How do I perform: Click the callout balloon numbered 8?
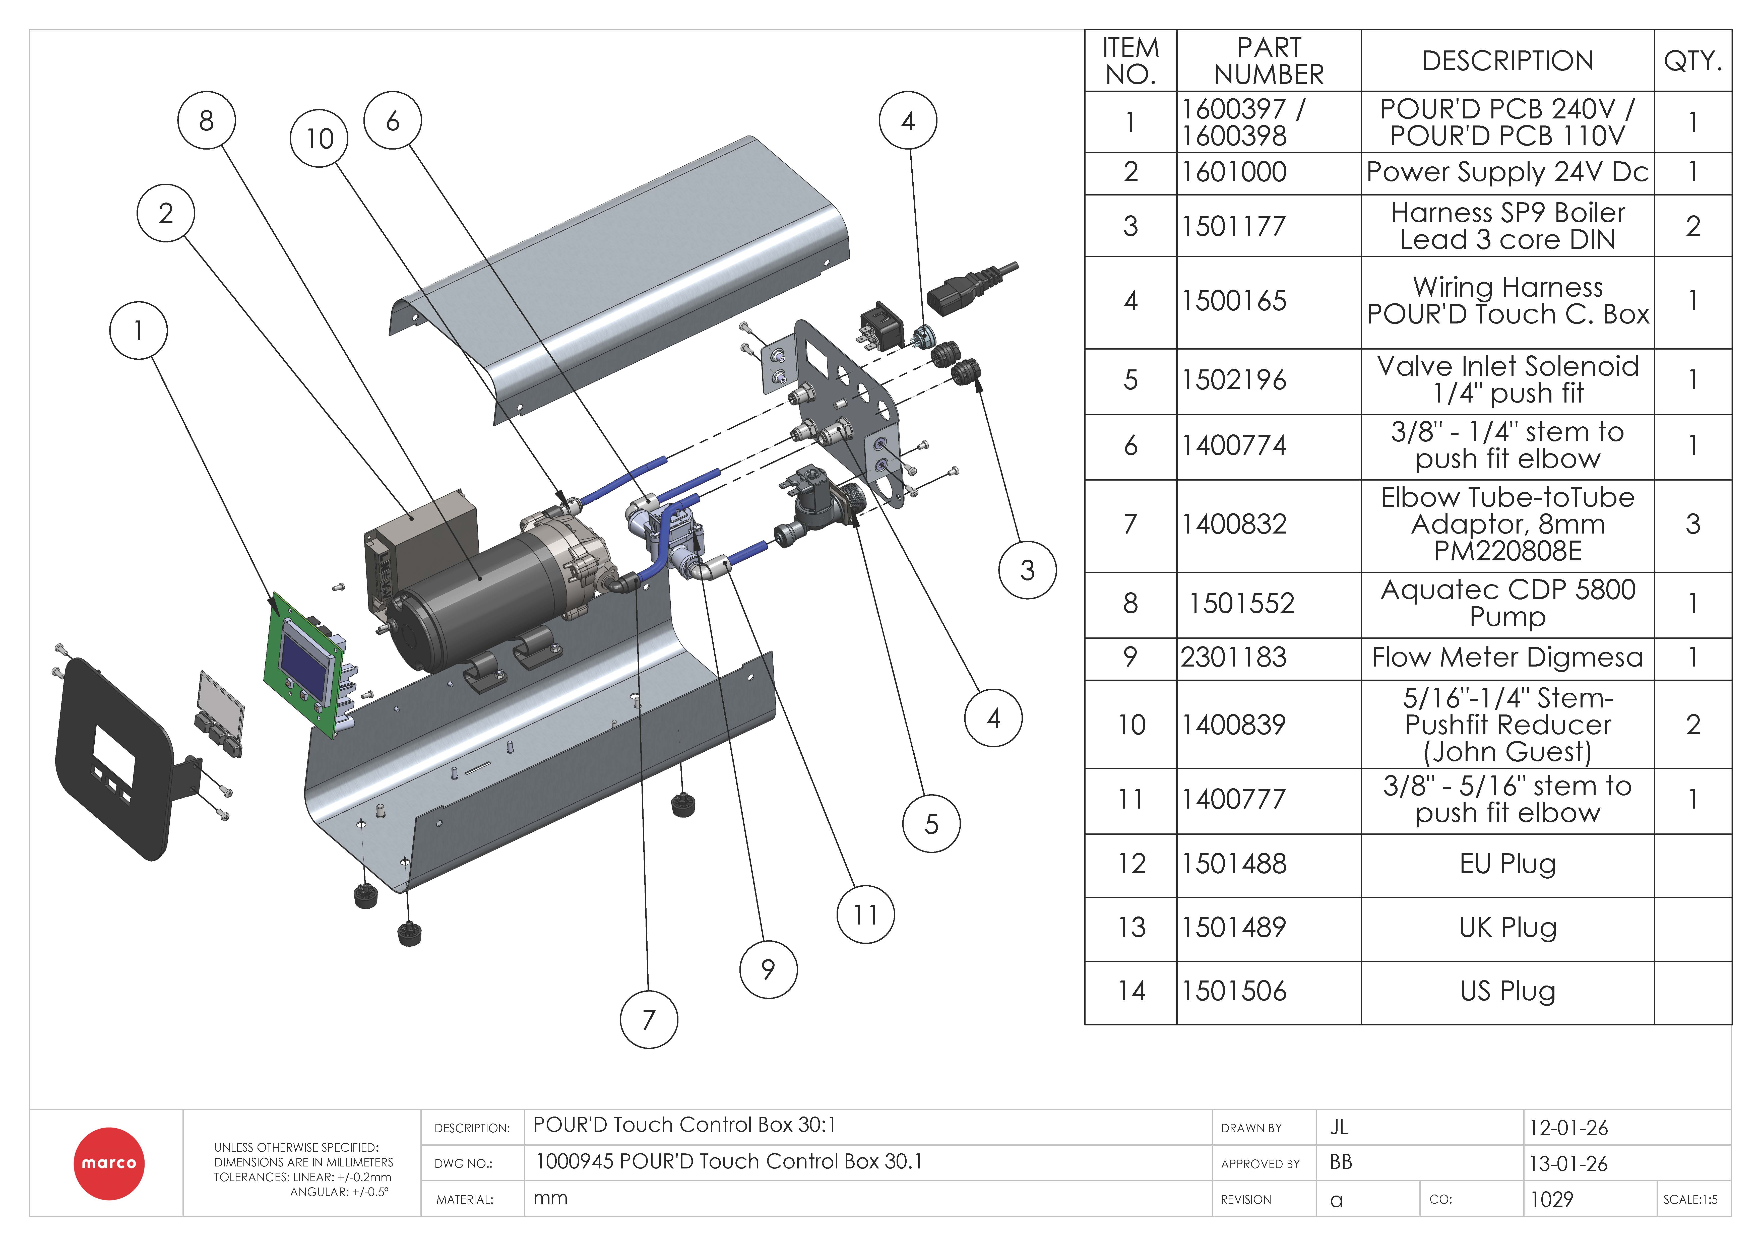[x=206, y=120]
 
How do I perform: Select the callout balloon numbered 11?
[x=865, y=914]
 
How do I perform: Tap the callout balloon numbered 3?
[x=1027, y=570]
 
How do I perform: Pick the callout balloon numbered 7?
[x=649, y=1019]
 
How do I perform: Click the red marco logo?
[x=109, y=1163]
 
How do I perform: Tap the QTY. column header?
[x=1693, y=60]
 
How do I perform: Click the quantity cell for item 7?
[x=1693, y=525]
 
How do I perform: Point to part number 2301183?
[x=1233, y=658]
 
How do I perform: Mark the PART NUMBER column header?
[x=1269, y=60]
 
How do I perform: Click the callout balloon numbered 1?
[x=138, y=331]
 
